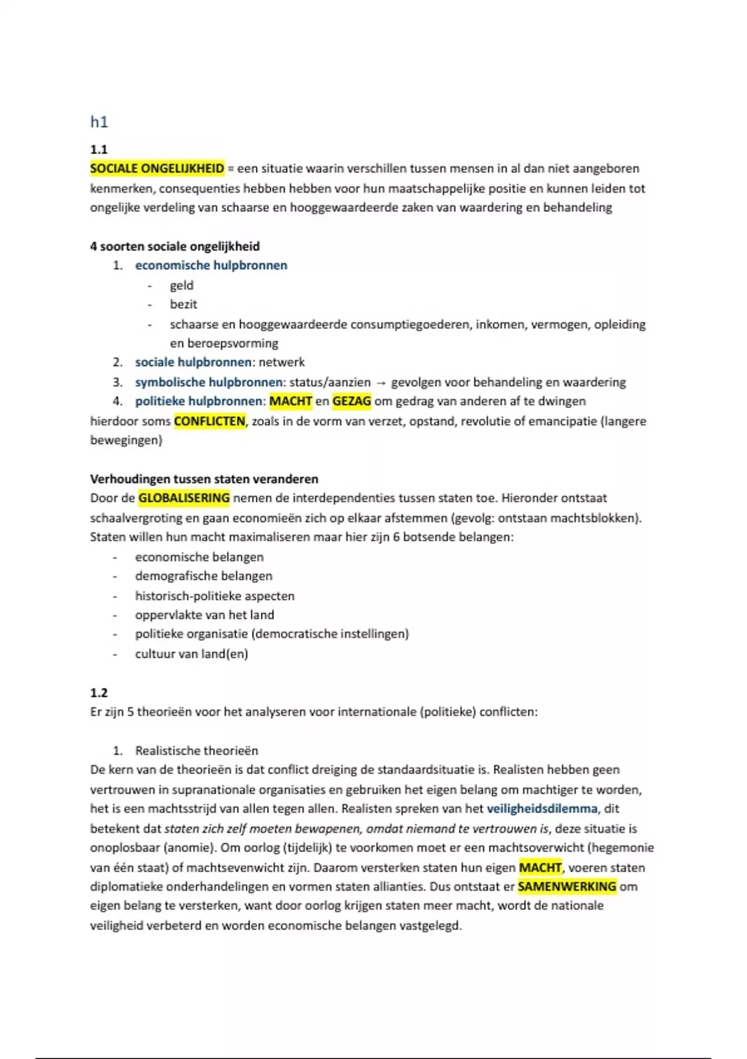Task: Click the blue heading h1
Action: [99, 122]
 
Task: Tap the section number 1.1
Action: [99, 150]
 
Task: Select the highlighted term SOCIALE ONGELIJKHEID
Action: [157, 169]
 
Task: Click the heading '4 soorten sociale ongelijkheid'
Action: [175, 246]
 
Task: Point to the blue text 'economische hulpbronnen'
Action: [211, 265]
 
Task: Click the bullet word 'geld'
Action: [182, 285]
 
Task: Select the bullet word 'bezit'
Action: [184, 305]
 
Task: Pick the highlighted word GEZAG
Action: [352, 401]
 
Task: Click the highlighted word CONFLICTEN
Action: [210, 421]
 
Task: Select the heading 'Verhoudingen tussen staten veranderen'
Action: [204, 479]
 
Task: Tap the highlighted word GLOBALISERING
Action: [184, 498]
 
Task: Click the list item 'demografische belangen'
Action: [204, 576]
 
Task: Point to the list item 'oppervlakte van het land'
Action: [204, 615]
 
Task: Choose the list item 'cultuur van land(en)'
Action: [191, 653]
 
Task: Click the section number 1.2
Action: [99, 693]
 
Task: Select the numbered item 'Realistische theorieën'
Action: [196, 751]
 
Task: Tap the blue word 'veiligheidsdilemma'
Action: [542, 809]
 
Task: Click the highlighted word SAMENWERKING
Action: [567, 886]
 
